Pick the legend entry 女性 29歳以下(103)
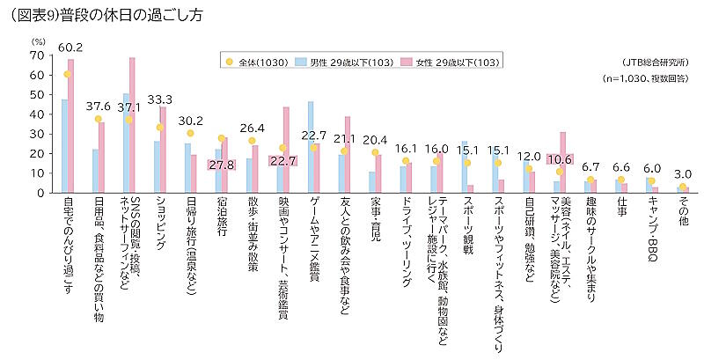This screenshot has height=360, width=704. pos(450,62)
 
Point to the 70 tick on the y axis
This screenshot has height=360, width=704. pos(35,55)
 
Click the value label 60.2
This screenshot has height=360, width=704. pos(70,47)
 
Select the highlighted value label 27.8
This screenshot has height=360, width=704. pos(223,165)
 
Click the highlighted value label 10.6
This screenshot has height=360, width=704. pos(561,158)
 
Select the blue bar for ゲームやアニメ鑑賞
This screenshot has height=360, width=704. pos(311,146)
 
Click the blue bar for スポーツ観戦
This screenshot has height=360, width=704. pos(465,166)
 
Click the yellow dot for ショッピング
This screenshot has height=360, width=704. pos(160,128)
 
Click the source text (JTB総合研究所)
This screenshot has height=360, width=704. pos(652,62)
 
